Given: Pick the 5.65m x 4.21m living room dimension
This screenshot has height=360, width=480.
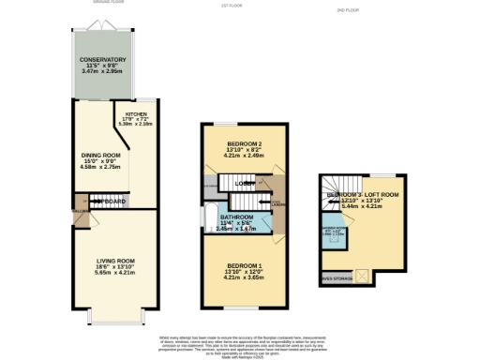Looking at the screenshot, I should click(x=102, y=273).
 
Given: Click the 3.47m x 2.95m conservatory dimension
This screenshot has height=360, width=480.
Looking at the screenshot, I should click(x=102, y=71).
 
